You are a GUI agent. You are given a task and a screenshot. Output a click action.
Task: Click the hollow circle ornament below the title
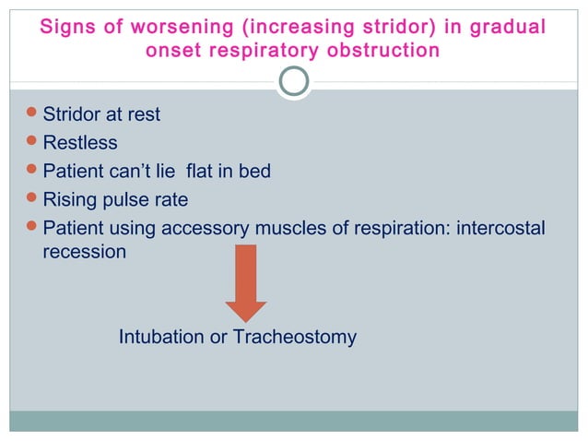[293, 82]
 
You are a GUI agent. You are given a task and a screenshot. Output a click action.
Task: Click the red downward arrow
[246, 282]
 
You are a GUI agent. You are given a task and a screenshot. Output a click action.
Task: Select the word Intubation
[161, 338]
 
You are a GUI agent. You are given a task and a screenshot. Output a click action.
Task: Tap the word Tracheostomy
[294, 338]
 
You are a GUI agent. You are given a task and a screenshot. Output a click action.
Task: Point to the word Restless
[80, 143]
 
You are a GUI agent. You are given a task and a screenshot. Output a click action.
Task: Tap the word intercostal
[500, 227]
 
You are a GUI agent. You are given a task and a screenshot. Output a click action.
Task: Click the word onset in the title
[172, 50]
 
